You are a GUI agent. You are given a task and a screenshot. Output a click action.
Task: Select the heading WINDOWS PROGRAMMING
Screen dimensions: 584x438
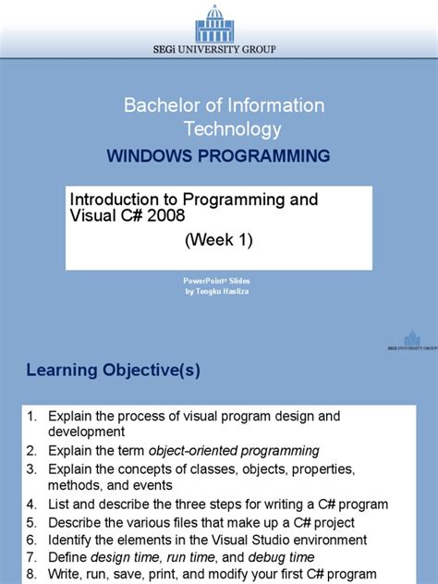pos(218,156)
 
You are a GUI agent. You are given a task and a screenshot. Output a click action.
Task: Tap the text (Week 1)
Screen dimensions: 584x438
pos(218,241)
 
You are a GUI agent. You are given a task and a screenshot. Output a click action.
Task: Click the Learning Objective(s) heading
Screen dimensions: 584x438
pos(112,371)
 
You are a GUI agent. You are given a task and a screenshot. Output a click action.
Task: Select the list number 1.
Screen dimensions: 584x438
pos(30,416)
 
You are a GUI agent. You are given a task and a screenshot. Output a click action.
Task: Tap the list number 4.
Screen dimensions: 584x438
pos(30,505)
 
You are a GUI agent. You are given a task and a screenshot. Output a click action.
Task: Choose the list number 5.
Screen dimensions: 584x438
pos(30,522)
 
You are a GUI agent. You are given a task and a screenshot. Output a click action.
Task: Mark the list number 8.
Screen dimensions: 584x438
pos(30,575)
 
